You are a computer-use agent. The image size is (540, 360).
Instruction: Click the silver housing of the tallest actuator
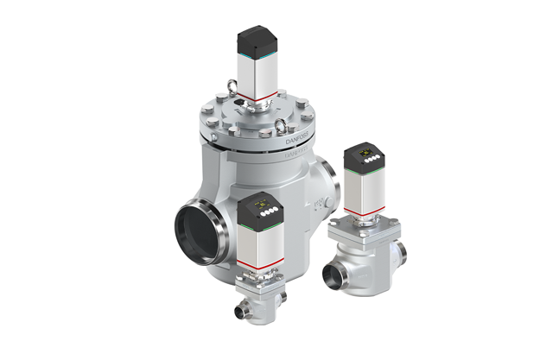[256, 73]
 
